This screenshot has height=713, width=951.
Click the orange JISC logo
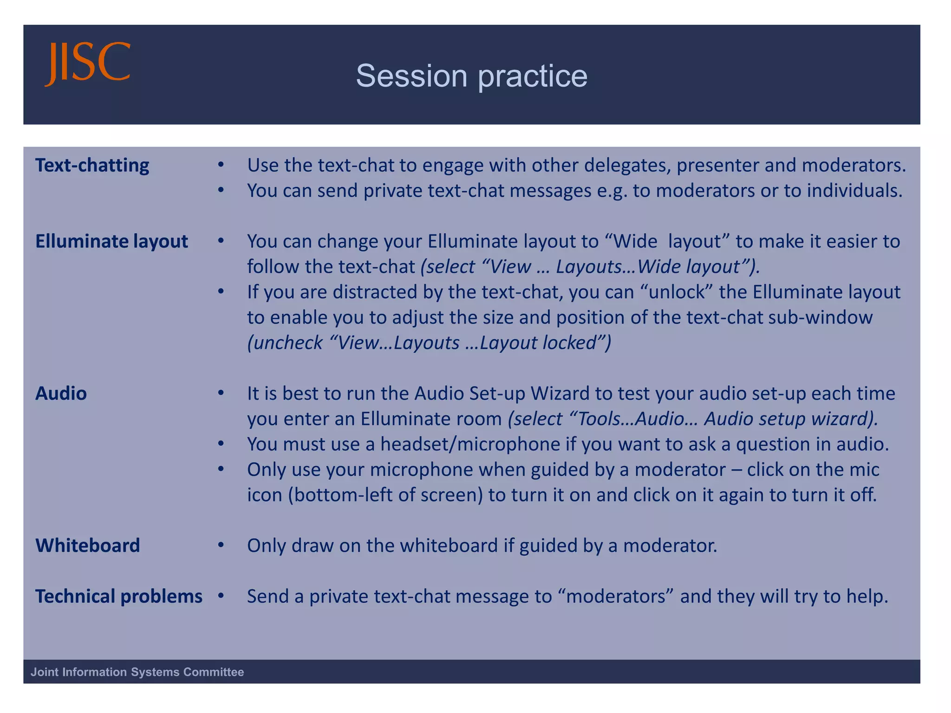tap(87, 64)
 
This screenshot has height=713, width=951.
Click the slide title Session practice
tap(471, 76)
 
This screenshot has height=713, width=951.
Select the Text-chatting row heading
tap(92, 165)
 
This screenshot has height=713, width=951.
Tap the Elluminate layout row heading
tap(111, 241)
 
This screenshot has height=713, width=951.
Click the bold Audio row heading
tap(61, 394)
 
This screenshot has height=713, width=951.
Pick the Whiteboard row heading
tap(87, 545)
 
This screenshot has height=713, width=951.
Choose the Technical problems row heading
tap(118, 596)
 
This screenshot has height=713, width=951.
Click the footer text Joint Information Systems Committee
tap(137, 672)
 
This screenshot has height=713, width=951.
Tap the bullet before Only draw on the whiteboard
tap(221, 545)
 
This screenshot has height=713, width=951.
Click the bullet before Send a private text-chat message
tap(221, 596)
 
